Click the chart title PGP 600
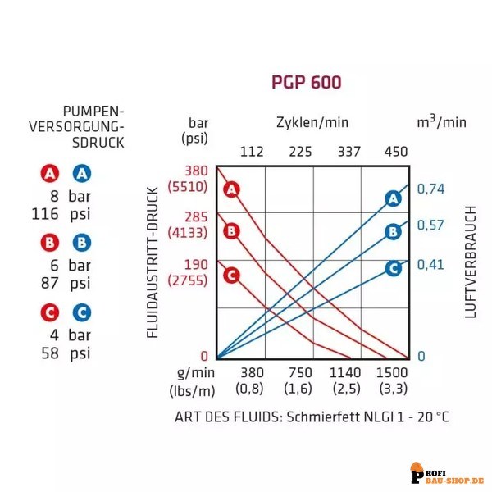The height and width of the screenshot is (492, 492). (x=306, y=82)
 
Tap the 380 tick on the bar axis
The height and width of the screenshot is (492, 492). (x=196, y=171)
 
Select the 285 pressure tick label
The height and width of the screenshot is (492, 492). (x=196, y=217)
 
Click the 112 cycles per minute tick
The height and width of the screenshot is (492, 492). (x=251, y=151)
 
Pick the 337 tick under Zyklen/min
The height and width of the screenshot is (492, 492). (x=348, y=151)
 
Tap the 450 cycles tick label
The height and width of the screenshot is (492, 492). (x=396, y=151)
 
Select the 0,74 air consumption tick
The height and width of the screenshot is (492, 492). (x=430, y=189)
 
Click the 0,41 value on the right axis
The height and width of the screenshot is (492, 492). (x=430, y=265)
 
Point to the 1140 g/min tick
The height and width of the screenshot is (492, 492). (x=345, y=371)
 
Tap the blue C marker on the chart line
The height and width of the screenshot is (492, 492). (x=393, y=267)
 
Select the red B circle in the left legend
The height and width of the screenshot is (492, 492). (x=51, y=243)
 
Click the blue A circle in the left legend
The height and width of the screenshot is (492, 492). (x=81, y=174)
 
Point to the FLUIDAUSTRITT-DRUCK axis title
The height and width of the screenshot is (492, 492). (x=152, y=262)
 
